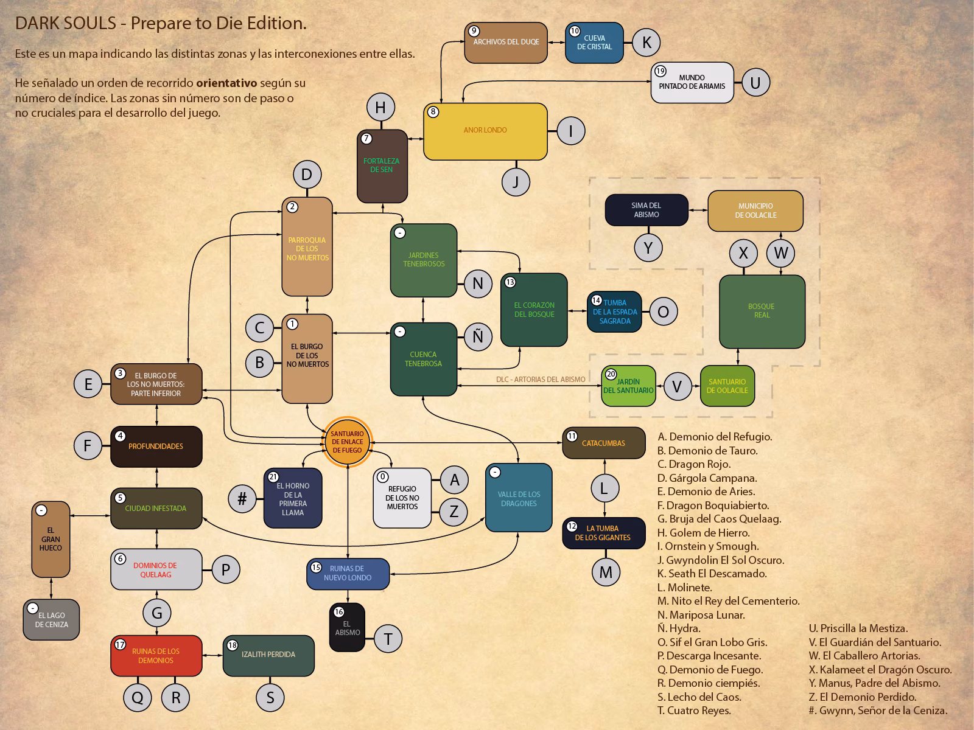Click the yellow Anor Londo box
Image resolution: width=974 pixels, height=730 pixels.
click(485, 131)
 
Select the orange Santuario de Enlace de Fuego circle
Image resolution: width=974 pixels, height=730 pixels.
click(347, 442)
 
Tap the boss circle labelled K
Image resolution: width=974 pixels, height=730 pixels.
click(646, 43)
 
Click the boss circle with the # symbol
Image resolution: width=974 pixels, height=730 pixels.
click(242, 499)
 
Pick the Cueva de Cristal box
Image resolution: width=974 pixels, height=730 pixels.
click(594, 43)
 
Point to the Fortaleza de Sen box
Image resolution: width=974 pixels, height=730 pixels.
click(382, 166)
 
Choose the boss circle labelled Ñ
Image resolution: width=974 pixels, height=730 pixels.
click(478, 337)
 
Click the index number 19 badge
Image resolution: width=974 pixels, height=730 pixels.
click(660, 71)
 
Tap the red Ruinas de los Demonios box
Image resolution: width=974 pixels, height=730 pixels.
click(156, 656)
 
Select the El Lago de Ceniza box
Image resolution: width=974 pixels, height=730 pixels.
click(51, 620)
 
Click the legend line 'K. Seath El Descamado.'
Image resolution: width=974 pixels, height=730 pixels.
click(712, 574)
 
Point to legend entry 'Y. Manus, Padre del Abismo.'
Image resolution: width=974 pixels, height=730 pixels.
click(874, 683)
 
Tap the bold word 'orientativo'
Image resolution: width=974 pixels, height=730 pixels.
click(226, 83)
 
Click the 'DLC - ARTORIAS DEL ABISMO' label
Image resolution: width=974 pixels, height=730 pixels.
click(541, 380)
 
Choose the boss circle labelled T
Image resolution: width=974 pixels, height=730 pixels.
click(388, 639)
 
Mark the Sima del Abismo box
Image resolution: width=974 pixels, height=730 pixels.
click(646, 210)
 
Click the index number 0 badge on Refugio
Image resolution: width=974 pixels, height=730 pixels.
click(382, 477)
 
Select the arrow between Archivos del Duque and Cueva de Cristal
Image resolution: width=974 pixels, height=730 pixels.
click(556, 43)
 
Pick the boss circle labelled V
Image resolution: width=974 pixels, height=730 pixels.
click(677, 386)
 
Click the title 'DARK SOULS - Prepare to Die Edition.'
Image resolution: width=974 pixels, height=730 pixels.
click(161, 23)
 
